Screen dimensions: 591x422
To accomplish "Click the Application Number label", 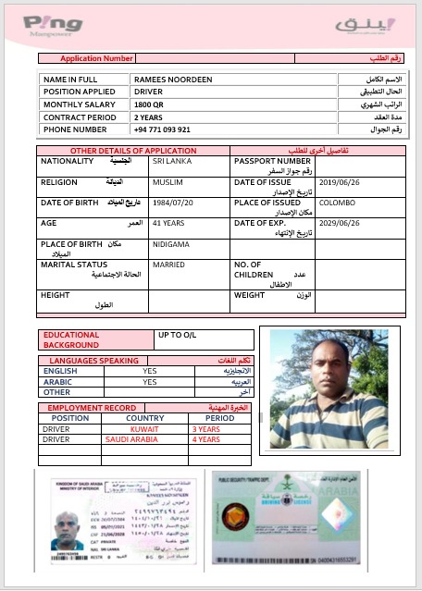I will point(97,58).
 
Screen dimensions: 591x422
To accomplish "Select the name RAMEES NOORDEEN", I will point(167,80).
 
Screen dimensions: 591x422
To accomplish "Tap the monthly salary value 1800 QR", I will point(149,105).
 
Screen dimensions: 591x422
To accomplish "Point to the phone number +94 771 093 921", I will point(162,129).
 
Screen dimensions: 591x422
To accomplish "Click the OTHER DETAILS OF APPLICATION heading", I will point(133,150).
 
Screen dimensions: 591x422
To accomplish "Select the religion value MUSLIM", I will point(168,183).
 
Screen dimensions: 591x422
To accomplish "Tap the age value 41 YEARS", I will point(169,224).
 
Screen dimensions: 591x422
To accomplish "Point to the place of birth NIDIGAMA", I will point(170,244).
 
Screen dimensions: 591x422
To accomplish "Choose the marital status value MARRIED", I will point(168,265).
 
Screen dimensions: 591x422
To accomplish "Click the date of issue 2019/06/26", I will point(337,183).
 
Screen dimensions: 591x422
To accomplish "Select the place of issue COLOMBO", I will point(336,203).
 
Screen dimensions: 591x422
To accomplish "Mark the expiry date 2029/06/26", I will point(337,224).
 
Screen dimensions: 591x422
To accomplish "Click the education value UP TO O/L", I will point(180,334).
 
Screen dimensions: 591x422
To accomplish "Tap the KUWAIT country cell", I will point(144,429).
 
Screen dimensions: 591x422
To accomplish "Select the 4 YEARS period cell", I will point(205,439).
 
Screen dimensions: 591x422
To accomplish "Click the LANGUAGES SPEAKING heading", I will point(94,360).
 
